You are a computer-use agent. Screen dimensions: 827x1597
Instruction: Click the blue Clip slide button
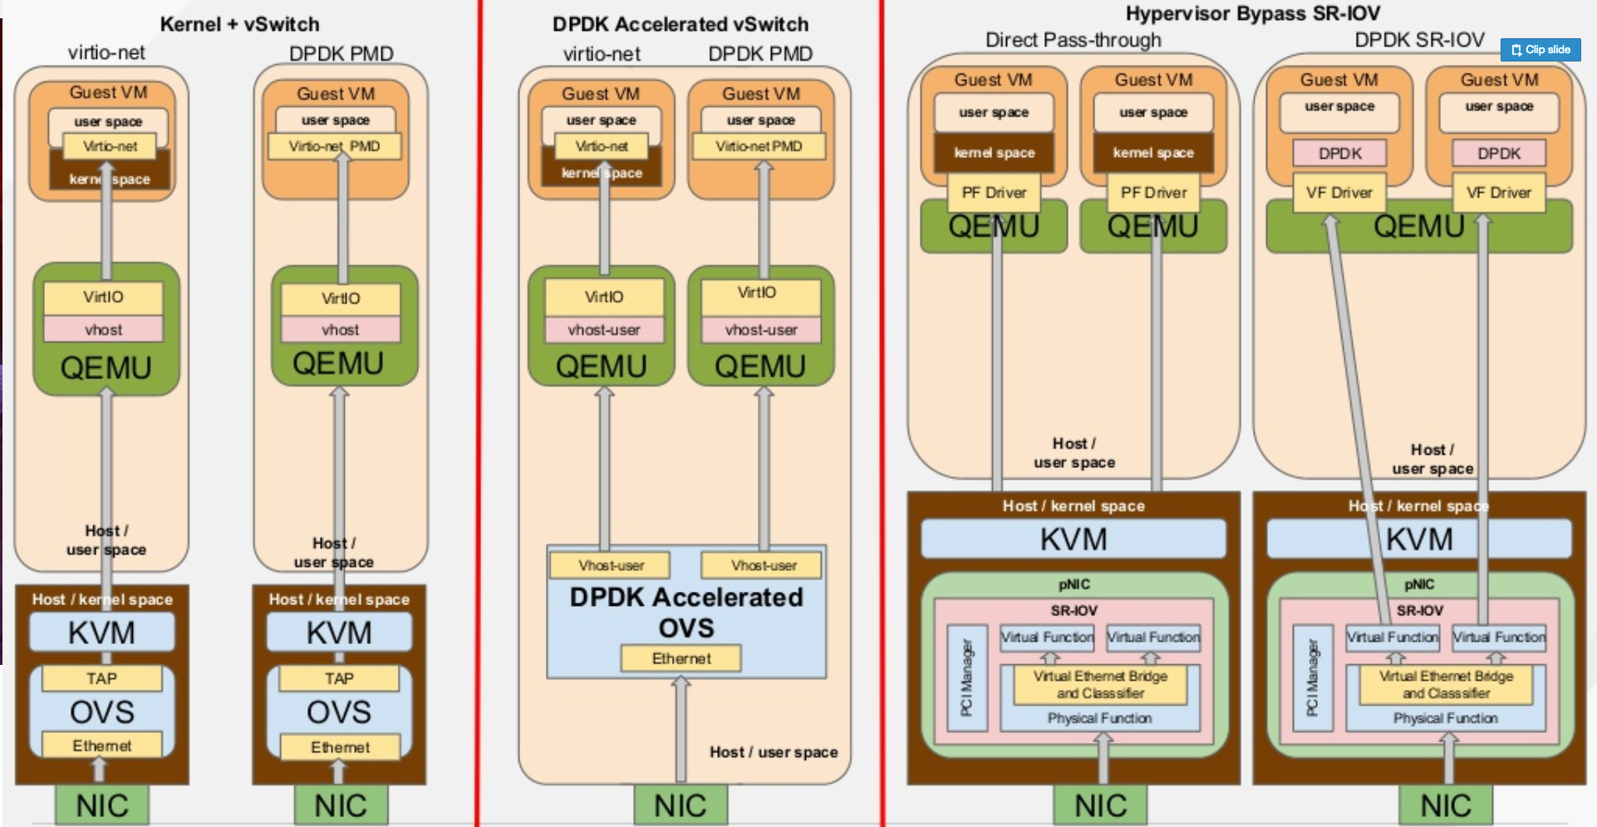(x=1540, y=50)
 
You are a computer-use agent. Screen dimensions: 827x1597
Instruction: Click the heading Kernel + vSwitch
(x=239, y=24)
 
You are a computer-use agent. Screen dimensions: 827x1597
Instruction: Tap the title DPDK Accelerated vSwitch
(x=680, y=24)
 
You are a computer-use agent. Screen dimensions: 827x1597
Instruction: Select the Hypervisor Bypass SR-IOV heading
(x=1252, y=13)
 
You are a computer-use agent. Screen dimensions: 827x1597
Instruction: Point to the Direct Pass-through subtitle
(x=1073, y=40)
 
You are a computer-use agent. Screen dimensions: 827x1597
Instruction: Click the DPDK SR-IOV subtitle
(x=1418, y=40)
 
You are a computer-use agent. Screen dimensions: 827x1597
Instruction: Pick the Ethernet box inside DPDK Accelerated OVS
(x=681, y=658)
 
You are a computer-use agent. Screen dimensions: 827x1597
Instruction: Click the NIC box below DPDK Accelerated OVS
(x=681, y=805)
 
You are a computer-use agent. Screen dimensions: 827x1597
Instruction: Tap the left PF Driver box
(x=994, y=193)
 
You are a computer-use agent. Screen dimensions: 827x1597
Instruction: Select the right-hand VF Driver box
(x=1498, y=193)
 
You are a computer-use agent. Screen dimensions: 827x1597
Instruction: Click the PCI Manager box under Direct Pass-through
(x=967, y=677)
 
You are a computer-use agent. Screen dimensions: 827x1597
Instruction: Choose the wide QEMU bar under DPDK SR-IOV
(x=1418, y=226)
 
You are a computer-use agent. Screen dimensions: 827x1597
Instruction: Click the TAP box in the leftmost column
(x=101, y=678)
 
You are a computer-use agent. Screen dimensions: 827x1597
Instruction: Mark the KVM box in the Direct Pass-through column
(x=1073, y=539)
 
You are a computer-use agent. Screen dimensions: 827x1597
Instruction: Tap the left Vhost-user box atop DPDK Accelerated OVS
(x=611, y=565)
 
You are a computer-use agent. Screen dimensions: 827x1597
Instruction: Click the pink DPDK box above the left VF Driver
(x=1339, y=153)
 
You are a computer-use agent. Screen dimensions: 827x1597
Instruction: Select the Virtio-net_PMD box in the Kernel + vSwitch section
(x=334, y=146)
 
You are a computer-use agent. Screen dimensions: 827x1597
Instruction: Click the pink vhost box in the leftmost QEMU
(x=103, y=329)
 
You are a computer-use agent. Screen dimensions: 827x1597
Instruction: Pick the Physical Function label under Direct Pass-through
(x=1099, y=718)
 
